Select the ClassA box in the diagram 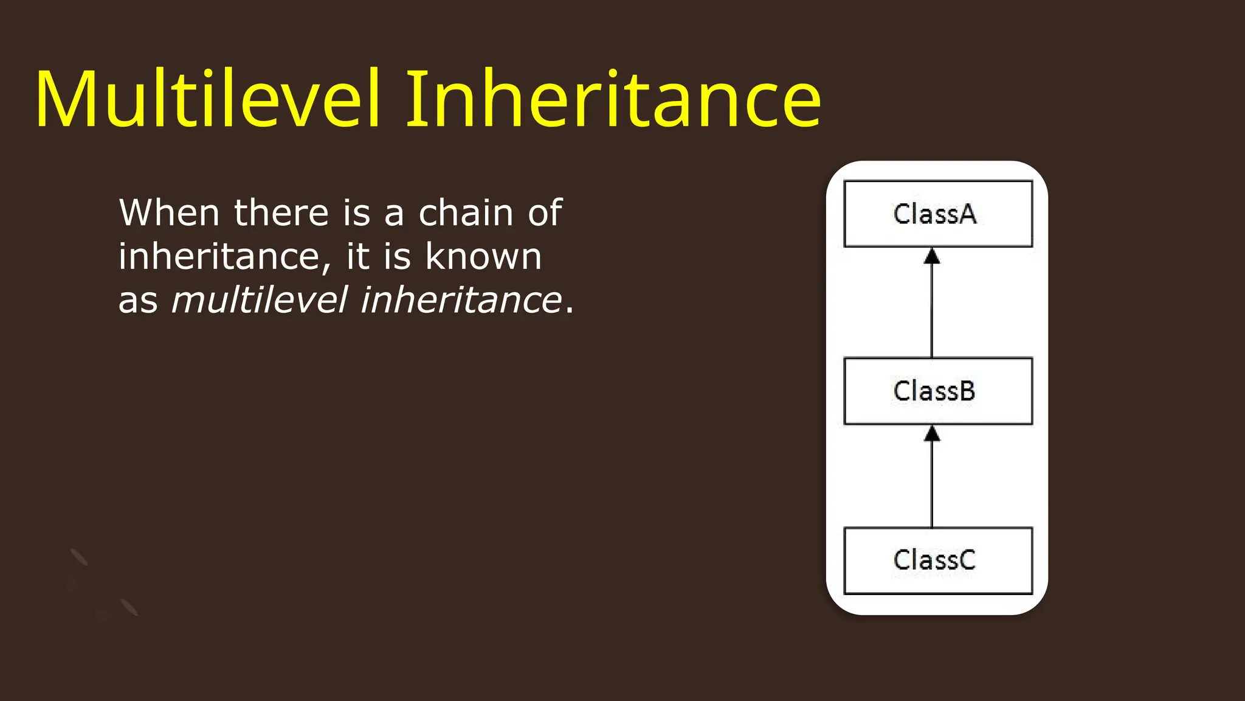pyautogui.click(x=937, y=214)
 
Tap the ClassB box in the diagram pyautogui.click(x=937, y=391)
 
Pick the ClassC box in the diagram pyautogui.click(x=937, y=560)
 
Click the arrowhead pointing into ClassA pyautogui.click(x=932, y=256)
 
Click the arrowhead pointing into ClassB pyautogui.click(x=932, y=433)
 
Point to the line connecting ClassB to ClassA pyautogui.click(x=932, y=310)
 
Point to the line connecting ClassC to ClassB pyautogui.click(x=932, y=484)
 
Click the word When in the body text pyautogui.click(x=169, y=213)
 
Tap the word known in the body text pyautogui.click(x=483, y=256)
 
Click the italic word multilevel pyautogui.click(x=260, y=300)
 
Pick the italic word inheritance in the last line pyautogui.click(x=461, y=300)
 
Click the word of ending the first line pyautogui.click(x=545, y=213)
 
